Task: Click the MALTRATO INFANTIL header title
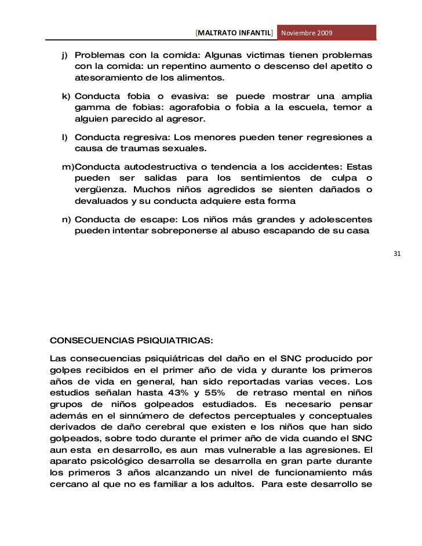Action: pyautogui.click(x=235, y=33)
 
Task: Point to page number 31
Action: pyautogui.click(x=397, y=254)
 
